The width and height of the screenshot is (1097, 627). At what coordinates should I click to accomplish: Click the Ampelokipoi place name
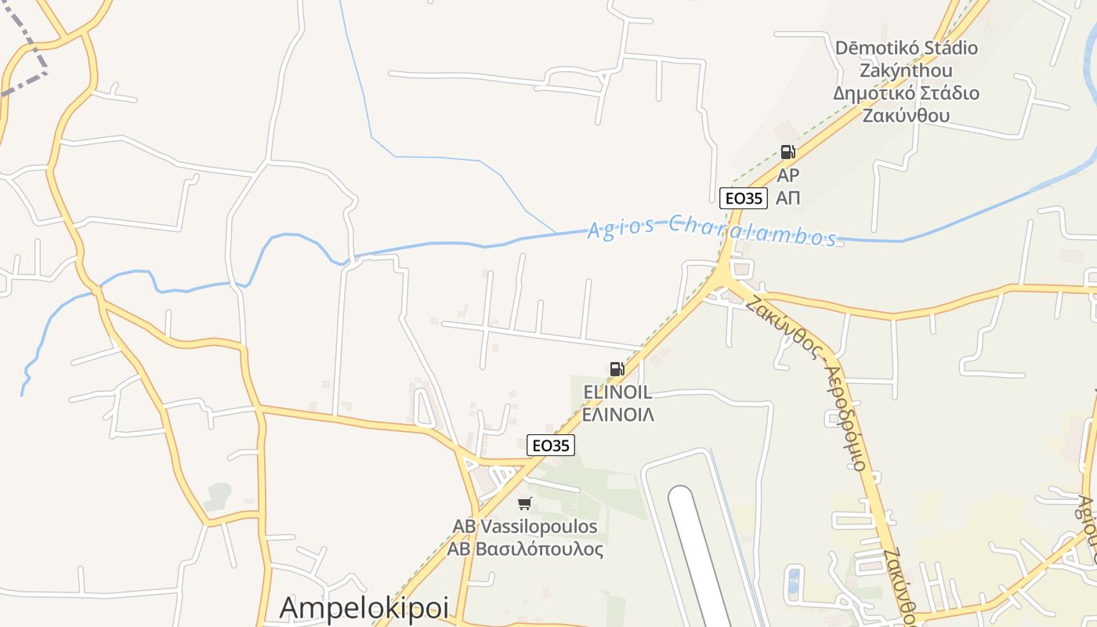click(x=364, y=608)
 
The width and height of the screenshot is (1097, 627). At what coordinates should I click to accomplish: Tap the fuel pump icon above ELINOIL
click(x=617, y=369)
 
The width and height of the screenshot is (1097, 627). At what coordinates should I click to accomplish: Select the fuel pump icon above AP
click(x=787, y=152)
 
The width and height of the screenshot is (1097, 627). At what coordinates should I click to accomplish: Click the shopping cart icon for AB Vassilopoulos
click(x=525, y=503)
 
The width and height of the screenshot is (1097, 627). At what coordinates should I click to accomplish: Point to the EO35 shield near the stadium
click(x=744, y=198)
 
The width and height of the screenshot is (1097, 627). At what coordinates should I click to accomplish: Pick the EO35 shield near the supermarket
click(x=551, y=445)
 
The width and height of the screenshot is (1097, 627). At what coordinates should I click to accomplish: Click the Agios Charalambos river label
click(x=711, y=231)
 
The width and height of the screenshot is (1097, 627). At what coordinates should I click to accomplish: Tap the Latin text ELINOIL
click(x=617, y=393)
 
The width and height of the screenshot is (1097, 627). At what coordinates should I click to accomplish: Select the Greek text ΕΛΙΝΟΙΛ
click(x=618, y=415)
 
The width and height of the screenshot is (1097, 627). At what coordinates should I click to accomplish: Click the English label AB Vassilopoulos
click(x=525, y=527)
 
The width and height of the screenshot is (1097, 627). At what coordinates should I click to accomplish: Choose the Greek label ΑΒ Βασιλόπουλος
click(x=525, y=549)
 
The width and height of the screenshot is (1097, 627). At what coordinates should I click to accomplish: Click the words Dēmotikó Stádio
click(x=907, y=48)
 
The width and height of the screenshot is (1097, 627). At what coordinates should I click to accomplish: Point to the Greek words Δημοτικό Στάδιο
click(x=907, y=93)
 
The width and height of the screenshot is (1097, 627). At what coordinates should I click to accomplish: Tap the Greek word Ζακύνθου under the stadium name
click(x=907, y=116)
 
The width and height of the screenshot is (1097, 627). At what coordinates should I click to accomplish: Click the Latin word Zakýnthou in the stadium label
click(x=907, y=71)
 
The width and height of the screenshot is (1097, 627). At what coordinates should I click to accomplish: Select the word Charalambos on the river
click(x=752, y=232)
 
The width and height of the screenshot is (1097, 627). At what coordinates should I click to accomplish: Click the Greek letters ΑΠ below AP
click(x=787, y=198)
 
